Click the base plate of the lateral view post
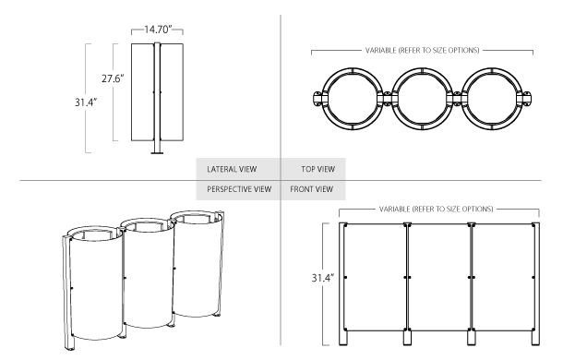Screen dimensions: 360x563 pyautogui.click(x=158, y=155)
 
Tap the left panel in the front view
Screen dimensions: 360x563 pyautogui.click(x=376, y=277)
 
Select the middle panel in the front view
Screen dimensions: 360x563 pyautogui.click(x=439, y=277)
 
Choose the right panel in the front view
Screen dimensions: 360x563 pyautogui.click(x=503, y=277)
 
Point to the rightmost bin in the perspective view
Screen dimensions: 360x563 pyautogui.click(x=196, y=268)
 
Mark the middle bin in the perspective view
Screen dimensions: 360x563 pyautogui.click(x=146, y=277)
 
